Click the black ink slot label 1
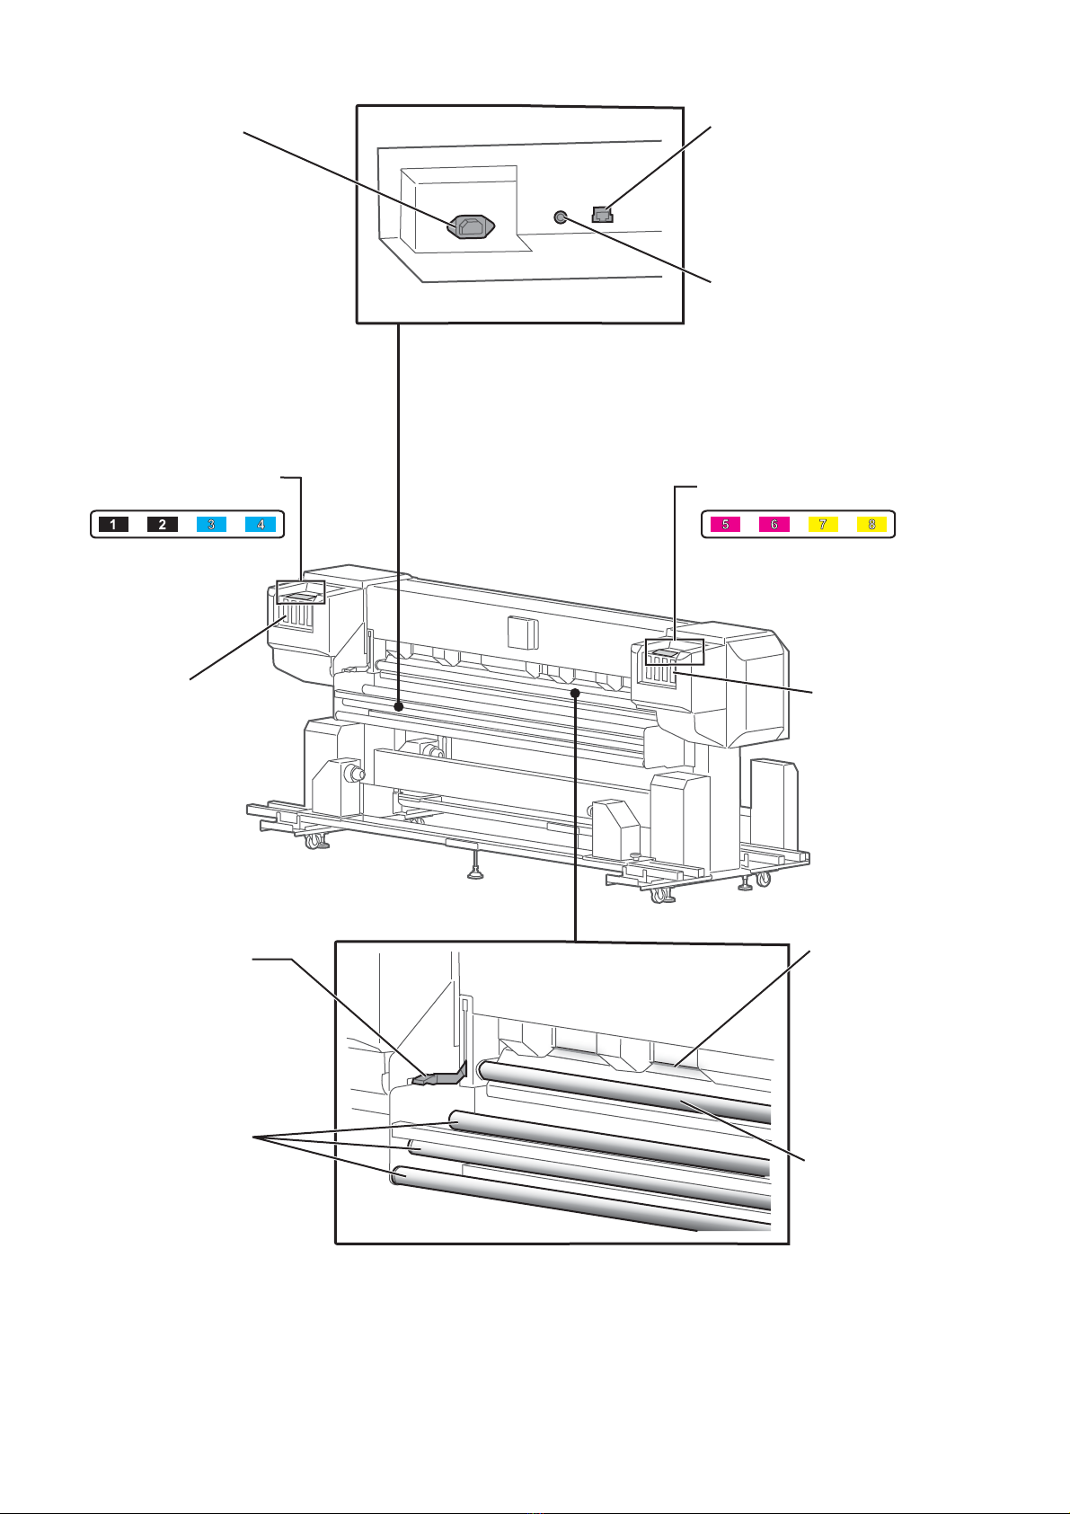(x=113, y=524)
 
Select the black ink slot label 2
(x=163, y=524)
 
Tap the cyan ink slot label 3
(x=211, y=524)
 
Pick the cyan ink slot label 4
(x=261, y=524)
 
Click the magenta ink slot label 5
(x=725, y=524)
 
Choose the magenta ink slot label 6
(x=774, y=524)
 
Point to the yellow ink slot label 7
(x=822, y=524)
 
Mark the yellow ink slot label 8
(x=871, y=524)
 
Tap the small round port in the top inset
(x=561, y=217)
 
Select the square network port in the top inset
(x=602, y=215)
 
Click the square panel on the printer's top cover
(x=520, y=632)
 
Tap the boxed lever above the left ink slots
(x=300, y=594)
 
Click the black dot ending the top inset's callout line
(x=396, y=708)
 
